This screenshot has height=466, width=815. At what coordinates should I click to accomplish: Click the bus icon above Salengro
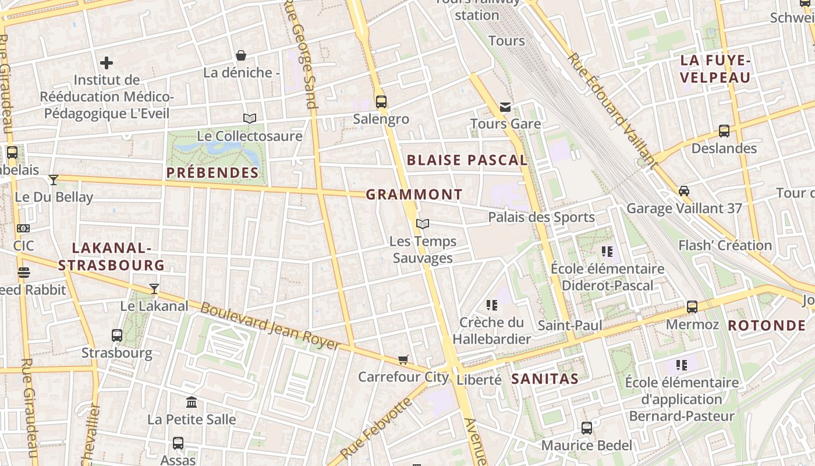pos(381,102)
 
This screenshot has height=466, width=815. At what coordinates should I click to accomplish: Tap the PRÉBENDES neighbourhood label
pos(212,172)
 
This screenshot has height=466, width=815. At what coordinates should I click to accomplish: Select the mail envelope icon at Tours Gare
pos(505,107)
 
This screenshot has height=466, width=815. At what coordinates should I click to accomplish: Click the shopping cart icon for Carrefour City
pos(403,359)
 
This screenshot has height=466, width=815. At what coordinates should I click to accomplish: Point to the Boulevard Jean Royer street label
pos(270,327)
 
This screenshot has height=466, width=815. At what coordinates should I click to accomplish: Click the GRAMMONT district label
pos(414,195)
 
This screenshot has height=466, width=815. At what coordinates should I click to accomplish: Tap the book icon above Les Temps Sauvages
pos(423,224)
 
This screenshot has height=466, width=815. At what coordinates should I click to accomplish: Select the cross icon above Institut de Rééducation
pos(107,62)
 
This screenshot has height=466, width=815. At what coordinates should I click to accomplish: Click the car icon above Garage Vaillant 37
pos(684,191)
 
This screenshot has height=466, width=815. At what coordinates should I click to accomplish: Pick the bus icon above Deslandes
pos(724,131)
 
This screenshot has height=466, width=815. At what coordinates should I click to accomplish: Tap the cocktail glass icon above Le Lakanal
pos(154,288)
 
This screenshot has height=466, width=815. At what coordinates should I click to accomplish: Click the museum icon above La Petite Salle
pos(192,402)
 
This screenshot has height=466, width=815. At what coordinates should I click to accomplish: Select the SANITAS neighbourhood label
pos(545,379)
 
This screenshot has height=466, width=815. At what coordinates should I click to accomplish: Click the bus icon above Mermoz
pos(692,306)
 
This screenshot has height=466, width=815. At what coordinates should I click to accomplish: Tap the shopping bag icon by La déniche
pos(241,55)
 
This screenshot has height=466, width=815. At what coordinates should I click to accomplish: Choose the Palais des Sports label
pos(541,217)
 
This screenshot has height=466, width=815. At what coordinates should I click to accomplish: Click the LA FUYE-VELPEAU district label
pos(715,69)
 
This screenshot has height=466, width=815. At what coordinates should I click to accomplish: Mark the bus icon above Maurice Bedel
pos(587,428)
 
